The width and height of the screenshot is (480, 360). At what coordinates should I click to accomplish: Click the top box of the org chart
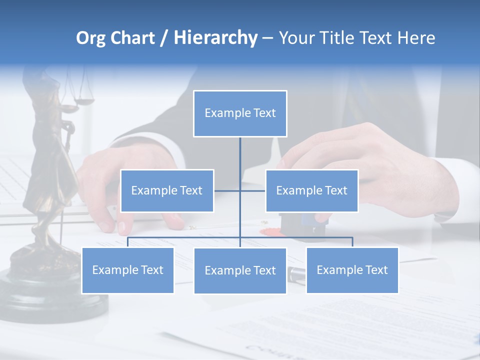(240, 113)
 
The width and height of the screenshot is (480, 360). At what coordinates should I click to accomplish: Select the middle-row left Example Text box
(167, 190)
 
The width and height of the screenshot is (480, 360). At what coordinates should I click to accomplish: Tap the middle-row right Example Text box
(311, 190)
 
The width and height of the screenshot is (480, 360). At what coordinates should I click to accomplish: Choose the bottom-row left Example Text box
(127, 270)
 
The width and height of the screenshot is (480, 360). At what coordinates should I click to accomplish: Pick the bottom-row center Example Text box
(240, 270)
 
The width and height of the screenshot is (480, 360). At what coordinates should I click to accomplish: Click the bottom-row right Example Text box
(352, 270)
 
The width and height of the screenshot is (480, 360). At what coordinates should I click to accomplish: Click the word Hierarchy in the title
(215, 38)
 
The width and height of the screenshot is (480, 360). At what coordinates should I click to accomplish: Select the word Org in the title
(90, 38)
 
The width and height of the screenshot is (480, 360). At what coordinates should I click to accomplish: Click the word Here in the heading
(416, 38)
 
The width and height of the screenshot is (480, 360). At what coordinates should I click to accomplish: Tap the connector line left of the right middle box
(253, 190)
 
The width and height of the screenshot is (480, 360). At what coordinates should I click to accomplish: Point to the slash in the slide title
(164, 38)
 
